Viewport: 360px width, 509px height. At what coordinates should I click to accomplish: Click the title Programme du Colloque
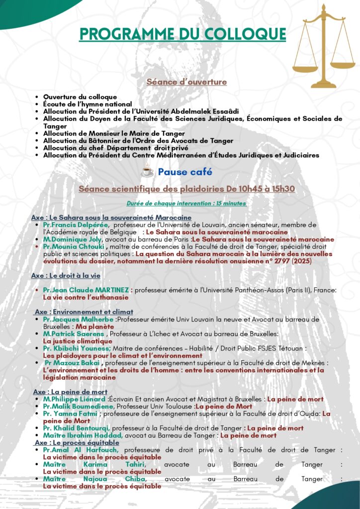(x=182, y=34)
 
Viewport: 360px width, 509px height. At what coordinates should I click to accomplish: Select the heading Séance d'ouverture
(x=186, y=82)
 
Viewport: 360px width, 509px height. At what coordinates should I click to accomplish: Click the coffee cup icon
(x=147, y=172)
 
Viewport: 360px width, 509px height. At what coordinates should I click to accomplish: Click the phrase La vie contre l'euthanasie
(x=86, y=297)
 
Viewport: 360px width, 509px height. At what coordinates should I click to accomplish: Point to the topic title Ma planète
(x=94, y=327)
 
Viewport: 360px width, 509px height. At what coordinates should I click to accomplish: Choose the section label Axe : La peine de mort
(x=70, y=392)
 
